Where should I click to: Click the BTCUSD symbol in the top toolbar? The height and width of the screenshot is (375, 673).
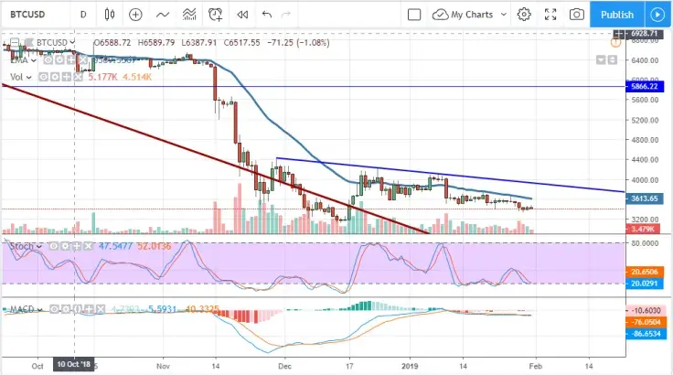(35, 15)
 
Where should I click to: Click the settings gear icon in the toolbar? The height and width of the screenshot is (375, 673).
(524, 15)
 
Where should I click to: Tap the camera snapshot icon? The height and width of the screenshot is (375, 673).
(577, 15)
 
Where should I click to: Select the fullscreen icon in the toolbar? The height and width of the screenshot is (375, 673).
(550, 15)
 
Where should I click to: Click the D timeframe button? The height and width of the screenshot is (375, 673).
(83, 15)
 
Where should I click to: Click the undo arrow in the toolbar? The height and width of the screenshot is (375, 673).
(267, 15)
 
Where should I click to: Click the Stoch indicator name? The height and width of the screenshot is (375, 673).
(21, 247)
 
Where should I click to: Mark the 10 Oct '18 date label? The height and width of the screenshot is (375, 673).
(74, 365)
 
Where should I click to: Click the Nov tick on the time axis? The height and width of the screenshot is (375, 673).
(164, 365)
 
